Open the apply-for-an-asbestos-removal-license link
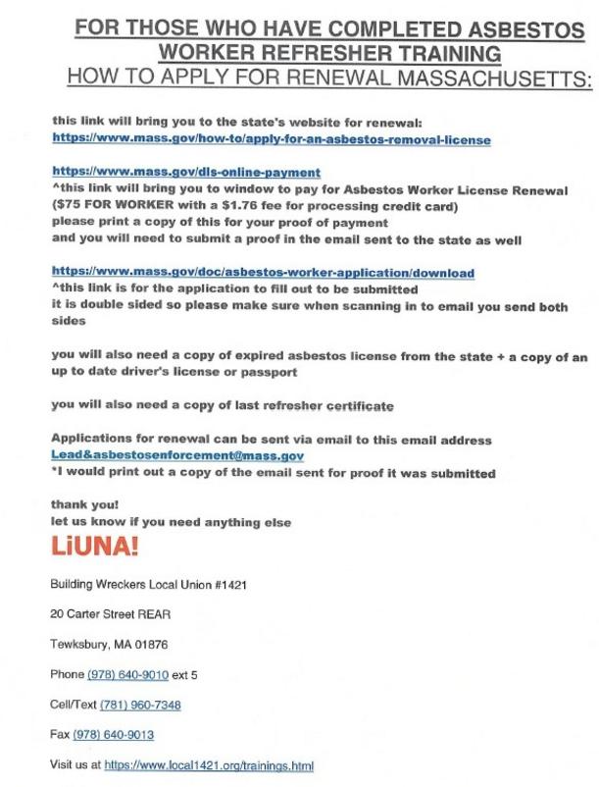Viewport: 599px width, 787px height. click(271, 140)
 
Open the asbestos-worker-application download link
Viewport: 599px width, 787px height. click(263, 272)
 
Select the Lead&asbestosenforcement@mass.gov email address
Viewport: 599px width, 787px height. click(177, 456)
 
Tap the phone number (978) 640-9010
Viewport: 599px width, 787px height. click(128, 674)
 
